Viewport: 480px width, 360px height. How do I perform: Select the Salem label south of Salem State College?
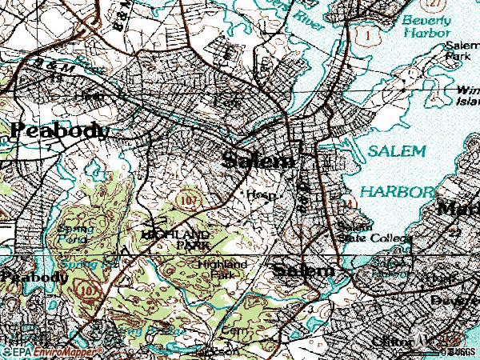303,270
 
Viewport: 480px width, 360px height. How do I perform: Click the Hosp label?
256,194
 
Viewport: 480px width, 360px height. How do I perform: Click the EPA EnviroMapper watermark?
46,351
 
